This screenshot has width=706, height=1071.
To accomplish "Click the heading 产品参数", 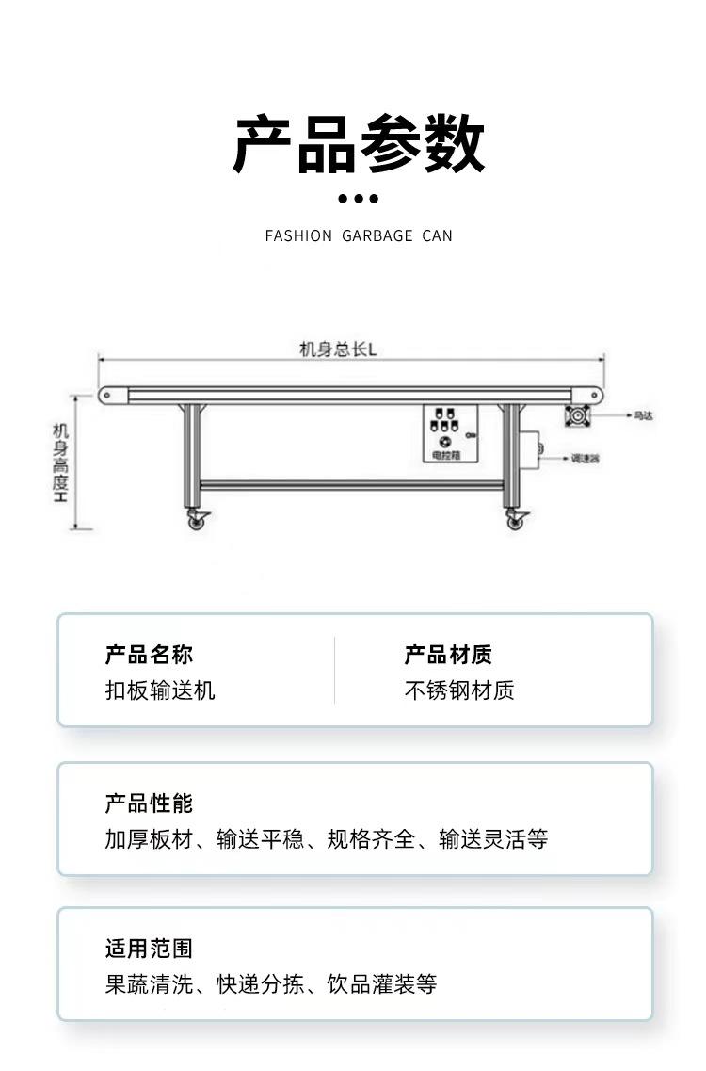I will pyautogui.click(x=359, y=144).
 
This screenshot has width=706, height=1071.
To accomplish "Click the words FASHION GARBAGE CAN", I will pyautogui.click(x=359, y=235).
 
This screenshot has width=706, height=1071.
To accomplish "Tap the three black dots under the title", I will pyautogui.click(x=358, y=199).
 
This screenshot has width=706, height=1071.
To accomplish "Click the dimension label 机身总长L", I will pyautogui.click(x=338, y=349).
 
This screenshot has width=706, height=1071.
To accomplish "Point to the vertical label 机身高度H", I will pyautogui.click(x=61, y=462).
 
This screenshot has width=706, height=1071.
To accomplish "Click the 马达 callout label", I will pyautogui.click(x=643, y=414).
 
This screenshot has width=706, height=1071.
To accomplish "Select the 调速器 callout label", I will pyautogui.click(x=586, y=459).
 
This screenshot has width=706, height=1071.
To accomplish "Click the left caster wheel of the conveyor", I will pyautogui.click(x=197, y=519).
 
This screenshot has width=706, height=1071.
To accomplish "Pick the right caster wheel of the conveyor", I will pyautogui.click(x=514, y=519).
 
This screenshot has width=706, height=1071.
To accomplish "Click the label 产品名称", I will pyautogui.click(x=149, y=656).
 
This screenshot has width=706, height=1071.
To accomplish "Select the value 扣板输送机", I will pyautogui.click(x=160, y=690).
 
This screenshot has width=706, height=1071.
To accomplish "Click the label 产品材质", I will pyautogui.click(x=448, y=656).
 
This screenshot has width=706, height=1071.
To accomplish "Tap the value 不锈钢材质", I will pyautogui.click(x=459, y=690).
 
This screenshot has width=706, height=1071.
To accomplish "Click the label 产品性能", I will pyautogui.click(x=149, y=803).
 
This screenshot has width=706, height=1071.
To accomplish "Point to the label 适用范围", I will pyautogui.click(x=149, y=949).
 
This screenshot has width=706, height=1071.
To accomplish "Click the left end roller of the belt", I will pyautogui.click(x=106, y=395).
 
